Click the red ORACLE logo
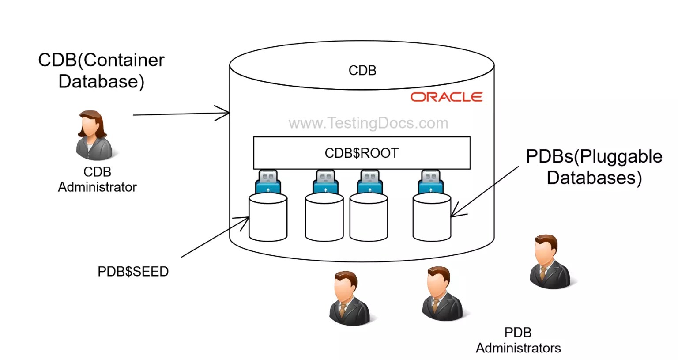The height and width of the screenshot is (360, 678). (x=446, y=97)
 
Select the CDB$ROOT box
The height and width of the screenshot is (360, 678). (x=362, y=153)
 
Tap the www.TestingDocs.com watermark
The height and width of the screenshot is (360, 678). (x=368, y=123)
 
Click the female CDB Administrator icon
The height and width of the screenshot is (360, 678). (x=93, y=135)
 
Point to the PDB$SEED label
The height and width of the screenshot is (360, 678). (x=133, y=271)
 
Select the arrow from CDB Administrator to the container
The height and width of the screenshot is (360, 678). (x=181, y=114)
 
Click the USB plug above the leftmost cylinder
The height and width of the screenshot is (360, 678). (x=268, y=182)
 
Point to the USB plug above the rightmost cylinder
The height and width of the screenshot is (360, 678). (x=431, y=182)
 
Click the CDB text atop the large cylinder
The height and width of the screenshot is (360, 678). (x=362, y=70)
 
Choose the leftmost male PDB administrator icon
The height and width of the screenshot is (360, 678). (x=350, y=299)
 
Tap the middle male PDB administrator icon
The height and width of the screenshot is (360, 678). (x=442, y=293)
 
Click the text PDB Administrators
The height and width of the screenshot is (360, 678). (x=518, y=340)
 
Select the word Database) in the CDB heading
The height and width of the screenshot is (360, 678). (x=102, y=82)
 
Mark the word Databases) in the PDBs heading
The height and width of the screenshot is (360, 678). (x=594, y=178)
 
